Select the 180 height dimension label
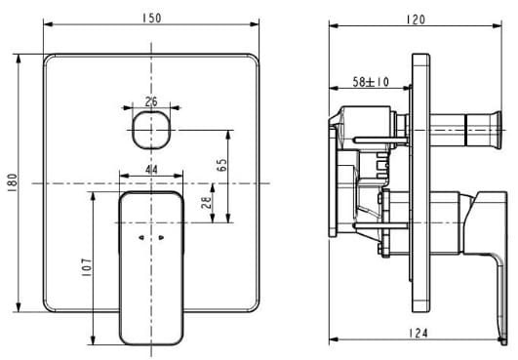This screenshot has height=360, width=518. click(13, 182)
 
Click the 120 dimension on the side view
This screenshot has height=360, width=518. click(417, 19)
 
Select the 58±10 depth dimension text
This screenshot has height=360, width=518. click(372, 84)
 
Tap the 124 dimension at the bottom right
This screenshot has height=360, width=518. click(418, 334)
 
